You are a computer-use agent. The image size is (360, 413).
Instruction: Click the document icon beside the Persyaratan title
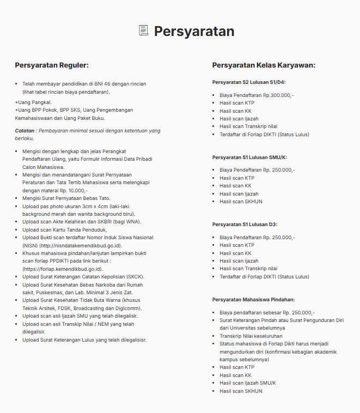coord(143,31)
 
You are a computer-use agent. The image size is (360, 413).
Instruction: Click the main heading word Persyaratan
coord(194,31)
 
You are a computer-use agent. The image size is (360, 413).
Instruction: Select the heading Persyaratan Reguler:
coord(51,65)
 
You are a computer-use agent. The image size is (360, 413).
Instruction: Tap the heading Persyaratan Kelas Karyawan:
coord(264,65)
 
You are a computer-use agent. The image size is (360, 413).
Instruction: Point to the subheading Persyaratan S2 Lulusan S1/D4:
coord(249,82)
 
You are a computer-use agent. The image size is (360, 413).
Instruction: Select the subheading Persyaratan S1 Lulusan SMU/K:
coord(250,157)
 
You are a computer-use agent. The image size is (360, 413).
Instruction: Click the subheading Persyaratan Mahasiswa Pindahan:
coord(253,299)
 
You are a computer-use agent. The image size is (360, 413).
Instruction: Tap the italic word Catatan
coord(25,131)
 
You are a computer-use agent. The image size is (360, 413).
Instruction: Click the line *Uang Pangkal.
coord(34,102)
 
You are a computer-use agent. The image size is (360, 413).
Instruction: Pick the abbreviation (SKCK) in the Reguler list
coord(125,277)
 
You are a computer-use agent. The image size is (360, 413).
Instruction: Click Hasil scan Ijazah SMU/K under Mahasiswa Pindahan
coord(248,383)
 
